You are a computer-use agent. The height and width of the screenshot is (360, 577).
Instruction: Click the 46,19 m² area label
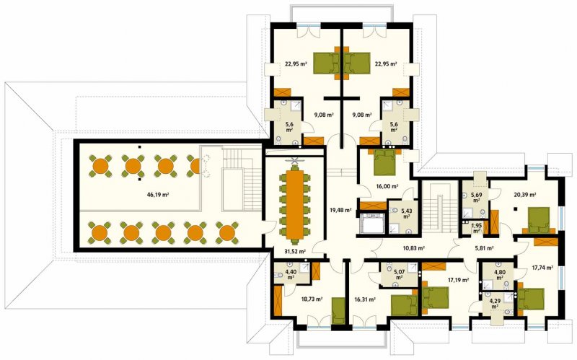[158, 195]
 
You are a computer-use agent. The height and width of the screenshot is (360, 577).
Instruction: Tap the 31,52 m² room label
[295, 252]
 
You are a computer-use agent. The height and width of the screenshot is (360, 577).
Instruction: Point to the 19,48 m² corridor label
[340, 211]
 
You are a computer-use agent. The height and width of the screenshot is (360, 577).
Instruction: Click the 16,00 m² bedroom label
[388, 187]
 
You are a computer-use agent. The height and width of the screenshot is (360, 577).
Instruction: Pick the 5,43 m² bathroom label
[406, 214]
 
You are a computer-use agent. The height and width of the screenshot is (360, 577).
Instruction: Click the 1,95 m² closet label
[476, 228]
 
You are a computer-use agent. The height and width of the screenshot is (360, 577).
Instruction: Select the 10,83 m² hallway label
[414, 248]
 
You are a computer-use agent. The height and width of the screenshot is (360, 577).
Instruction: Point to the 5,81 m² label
[484, 248]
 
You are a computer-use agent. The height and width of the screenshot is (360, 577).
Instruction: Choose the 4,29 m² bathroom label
[495, 303]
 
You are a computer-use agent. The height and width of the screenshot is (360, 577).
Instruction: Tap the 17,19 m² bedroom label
[458, 280]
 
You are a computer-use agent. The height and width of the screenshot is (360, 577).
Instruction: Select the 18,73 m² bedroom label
[312, 299]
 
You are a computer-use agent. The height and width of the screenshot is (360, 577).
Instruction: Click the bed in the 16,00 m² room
[384, 162]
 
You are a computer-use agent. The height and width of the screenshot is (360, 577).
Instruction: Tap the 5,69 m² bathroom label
[476, 198]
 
